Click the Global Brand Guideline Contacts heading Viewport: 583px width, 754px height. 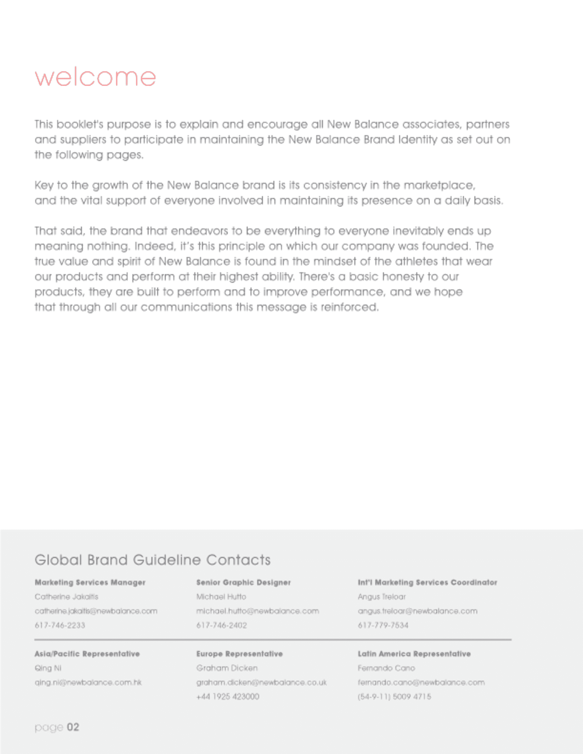152,560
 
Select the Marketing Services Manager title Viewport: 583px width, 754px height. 90,582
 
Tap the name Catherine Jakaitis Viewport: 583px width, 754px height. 66,596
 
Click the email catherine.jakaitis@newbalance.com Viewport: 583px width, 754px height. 96,611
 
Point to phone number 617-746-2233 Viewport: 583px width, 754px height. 60,625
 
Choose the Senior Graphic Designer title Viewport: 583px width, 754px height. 244,582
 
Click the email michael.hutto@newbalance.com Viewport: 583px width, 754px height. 257,611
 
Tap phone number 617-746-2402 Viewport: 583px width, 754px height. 221,625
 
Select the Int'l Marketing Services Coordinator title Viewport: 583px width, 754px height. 427,582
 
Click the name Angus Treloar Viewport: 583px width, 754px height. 382,596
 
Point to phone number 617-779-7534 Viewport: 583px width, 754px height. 383,625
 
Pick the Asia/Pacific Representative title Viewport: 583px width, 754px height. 87,654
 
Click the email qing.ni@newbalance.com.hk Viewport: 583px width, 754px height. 88,683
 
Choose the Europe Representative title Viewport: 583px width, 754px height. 239,654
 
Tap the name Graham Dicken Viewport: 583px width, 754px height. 227,668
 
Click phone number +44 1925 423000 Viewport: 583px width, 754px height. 228,697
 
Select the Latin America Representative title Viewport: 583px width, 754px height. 414,654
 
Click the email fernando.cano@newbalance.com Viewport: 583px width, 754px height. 421,683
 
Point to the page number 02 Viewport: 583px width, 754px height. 73,727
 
